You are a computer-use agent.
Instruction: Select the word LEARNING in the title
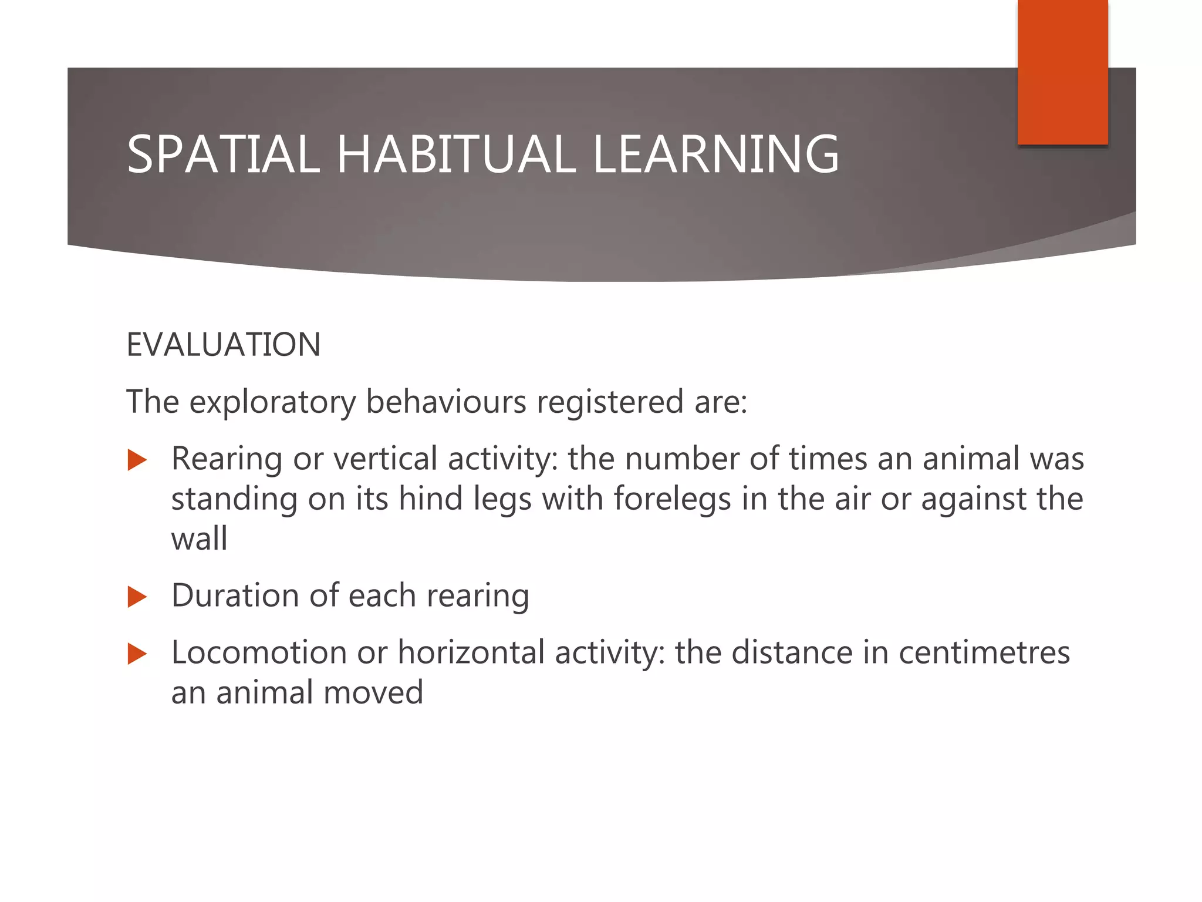tap(716, 154)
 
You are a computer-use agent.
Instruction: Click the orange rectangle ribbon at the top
tap(1062, 72)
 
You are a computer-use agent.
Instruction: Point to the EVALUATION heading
tap(223, 345)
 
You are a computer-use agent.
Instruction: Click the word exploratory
tap(273, 403)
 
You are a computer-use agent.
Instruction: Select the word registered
tap(610, 403)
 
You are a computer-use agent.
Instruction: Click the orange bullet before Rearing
tap(137, 460)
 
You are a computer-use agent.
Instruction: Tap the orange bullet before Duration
tap(137, 597)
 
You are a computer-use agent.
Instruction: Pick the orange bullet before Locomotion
tap(137, 654)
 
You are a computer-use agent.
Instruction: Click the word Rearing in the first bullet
tap(227, 459)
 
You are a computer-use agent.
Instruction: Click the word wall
tap(199, 539)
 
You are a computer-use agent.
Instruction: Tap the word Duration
tap(235, 595)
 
